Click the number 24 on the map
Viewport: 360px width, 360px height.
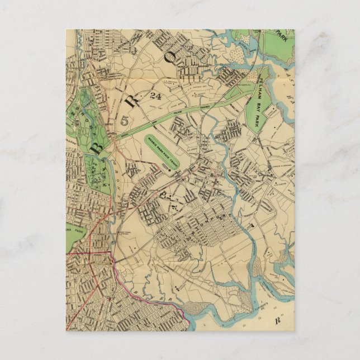(x=155, y=96)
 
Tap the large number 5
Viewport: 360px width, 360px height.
(x=125, y=119)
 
